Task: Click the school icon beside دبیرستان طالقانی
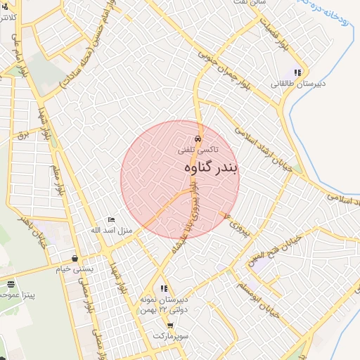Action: (298, 72)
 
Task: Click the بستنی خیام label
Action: (74, 268)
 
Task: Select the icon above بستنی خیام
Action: (75, 257)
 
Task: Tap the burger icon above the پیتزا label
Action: (10, 284)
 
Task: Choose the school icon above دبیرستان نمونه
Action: (164, 288)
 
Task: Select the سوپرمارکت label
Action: (172, 336)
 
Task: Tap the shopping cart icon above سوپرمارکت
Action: (170, 326)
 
